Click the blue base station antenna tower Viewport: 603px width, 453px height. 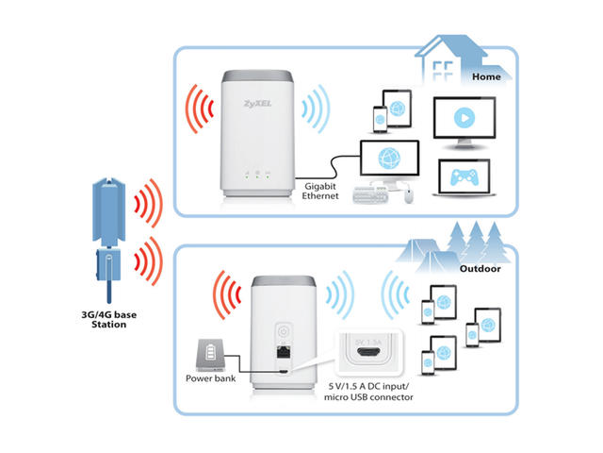109,208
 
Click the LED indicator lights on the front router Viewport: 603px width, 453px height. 253,173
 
